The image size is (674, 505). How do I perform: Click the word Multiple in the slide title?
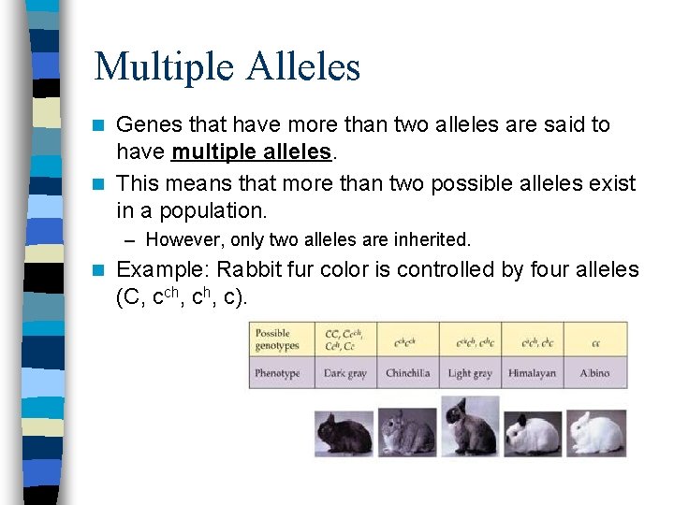point(165,67)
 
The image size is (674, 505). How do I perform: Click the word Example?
point(163,270)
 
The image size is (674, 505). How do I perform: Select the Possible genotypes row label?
point(278,339)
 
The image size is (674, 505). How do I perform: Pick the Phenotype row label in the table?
point(278,373)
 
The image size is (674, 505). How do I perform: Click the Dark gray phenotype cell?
point(345,373)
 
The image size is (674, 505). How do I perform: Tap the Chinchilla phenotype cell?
point(408,373)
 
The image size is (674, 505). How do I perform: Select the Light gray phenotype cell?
point(470,373)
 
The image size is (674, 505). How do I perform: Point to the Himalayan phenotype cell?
point(532,373)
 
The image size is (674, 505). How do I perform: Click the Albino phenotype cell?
point(594,373)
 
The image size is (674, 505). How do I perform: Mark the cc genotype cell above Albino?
point(595,342)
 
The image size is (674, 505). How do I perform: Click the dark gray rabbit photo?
point(344,433)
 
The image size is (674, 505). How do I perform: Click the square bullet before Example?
point(101,271)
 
